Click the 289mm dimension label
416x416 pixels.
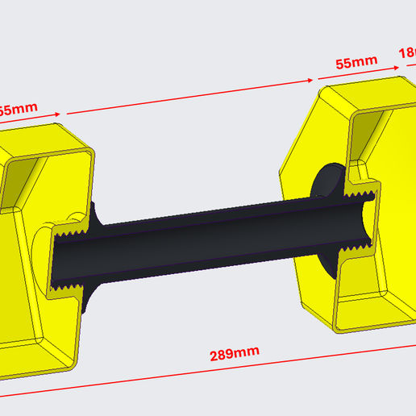tap(235, 353)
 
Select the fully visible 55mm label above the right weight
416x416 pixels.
tap(355, 62)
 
